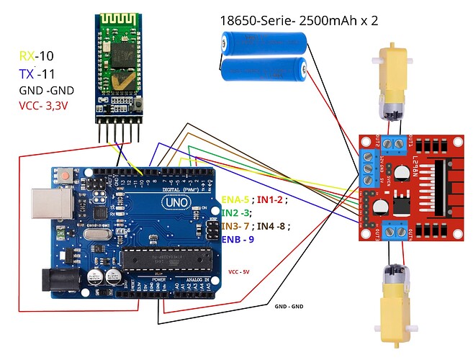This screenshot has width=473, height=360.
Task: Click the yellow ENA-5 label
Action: (x=235, y=199)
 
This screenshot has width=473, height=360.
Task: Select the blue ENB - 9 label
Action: (x=238, y=239)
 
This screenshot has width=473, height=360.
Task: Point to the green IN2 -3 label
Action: (x=236, y=213)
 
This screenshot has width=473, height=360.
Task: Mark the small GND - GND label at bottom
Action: (x=289, y=307)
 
